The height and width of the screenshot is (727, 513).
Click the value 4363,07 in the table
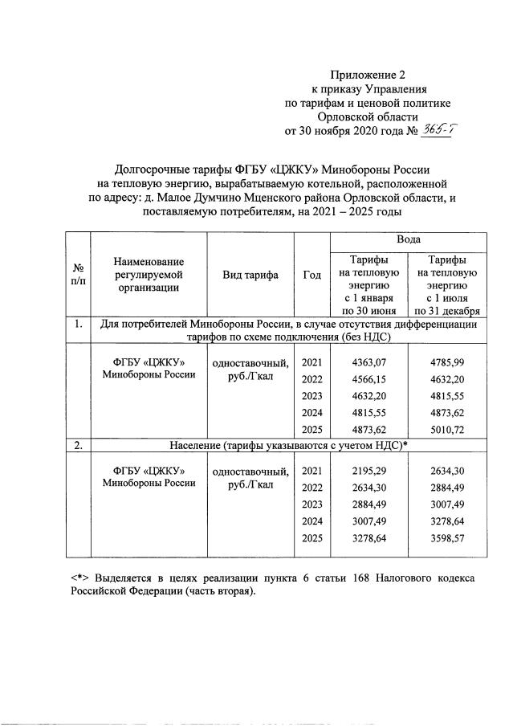[x=368, y=362]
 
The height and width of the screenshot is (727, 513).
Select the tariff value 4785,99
[x=447, y=362]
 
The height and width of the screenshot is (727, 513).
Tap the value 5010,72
[x=447, y=430]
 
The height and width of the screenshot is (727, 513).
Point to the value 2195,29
[x=368, y=470]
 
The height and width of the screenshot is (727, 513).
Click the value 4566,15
[x=368, y=379]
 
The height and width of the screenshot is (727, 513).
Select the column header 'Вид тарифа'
[x=250, y=275]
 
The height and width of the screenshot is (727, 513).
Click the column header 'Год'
[x=311, y=275]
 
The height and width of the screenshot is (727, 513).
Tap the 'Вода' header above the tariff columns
[x=409, y=240]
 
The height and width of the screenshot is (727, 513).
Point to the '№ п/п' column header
[x=79, y=275]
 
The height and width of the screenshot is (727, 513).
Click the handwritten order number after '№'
[x=437, y=131]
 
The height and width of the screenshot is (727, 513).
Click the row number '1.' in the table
[x=79, y=325]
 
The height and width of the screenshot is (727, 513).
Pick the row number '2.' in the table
[x=79, y=446]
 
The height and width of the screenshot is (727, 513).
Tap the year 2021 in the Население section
[x=311, y=470]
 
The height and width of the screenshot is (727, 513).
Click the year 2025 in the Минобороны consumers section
[x=311, y=430]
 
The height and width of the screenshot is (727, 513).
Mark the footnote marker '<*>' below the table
[x=79, y=578]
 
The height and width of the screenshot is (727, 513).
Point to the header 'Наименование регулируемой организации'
[x=149, y=275]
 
